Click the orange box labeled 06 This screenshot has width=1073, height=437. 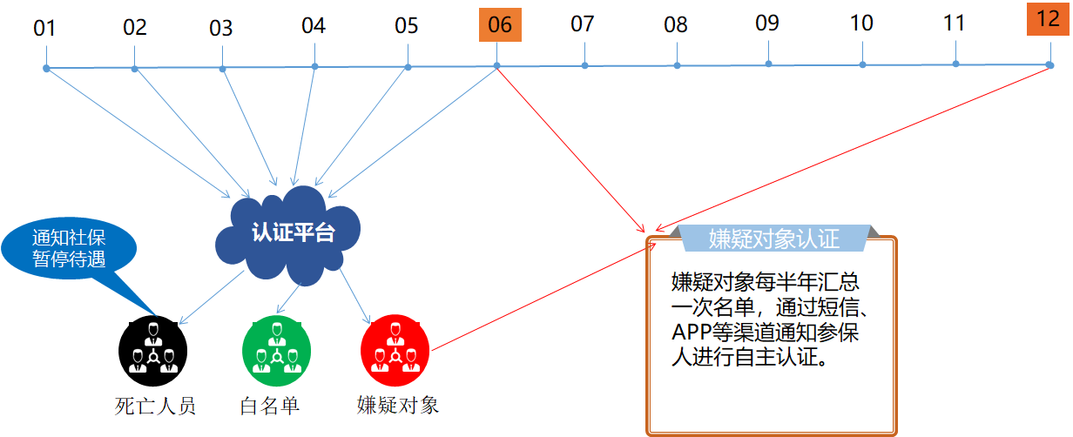[x=500, y=25]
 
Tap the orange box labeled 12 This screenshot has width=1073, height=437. [x=1048, y=18]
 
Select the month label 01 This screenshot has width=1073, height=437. [x=44, y=28]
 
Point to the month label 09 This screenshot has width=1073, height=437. [x=767, y=23]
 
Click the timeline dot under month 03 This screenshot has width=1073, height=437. [x=222, y=69]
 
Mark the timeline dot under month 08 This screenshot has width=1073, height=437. [x=677, y=65]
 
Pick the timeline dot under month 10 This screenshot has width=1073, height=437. [x=862, y=64]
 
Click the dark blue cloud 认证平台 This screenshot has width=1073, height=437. [x=287, y=234]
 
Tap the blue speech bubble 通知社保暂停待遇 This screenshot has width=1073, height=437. [x=69, y=248]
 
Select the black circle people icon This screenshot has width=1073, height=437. [x=152, y=351]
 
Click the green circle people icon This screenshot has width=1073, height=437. [x=276, y=351]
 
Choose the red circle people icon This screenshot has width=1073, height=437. [x=395, y=350]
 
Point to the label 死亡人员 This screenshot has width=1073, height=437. [x=155, y=406]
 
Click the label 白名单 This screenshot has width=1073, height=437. [x=270, y=406]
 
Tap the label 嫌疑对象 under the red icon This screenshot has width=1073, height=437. [x=397, y=405]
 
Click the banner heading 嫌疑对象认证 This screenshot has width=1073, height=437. [x=774, y=239]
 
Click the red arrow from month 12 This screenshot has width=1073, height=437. [x=852, y=150]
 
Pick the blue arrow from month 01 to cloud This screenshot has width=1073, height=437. [x=138, y=133]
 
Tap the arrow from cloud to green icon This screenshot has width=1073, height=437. [x=288, y=299]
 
